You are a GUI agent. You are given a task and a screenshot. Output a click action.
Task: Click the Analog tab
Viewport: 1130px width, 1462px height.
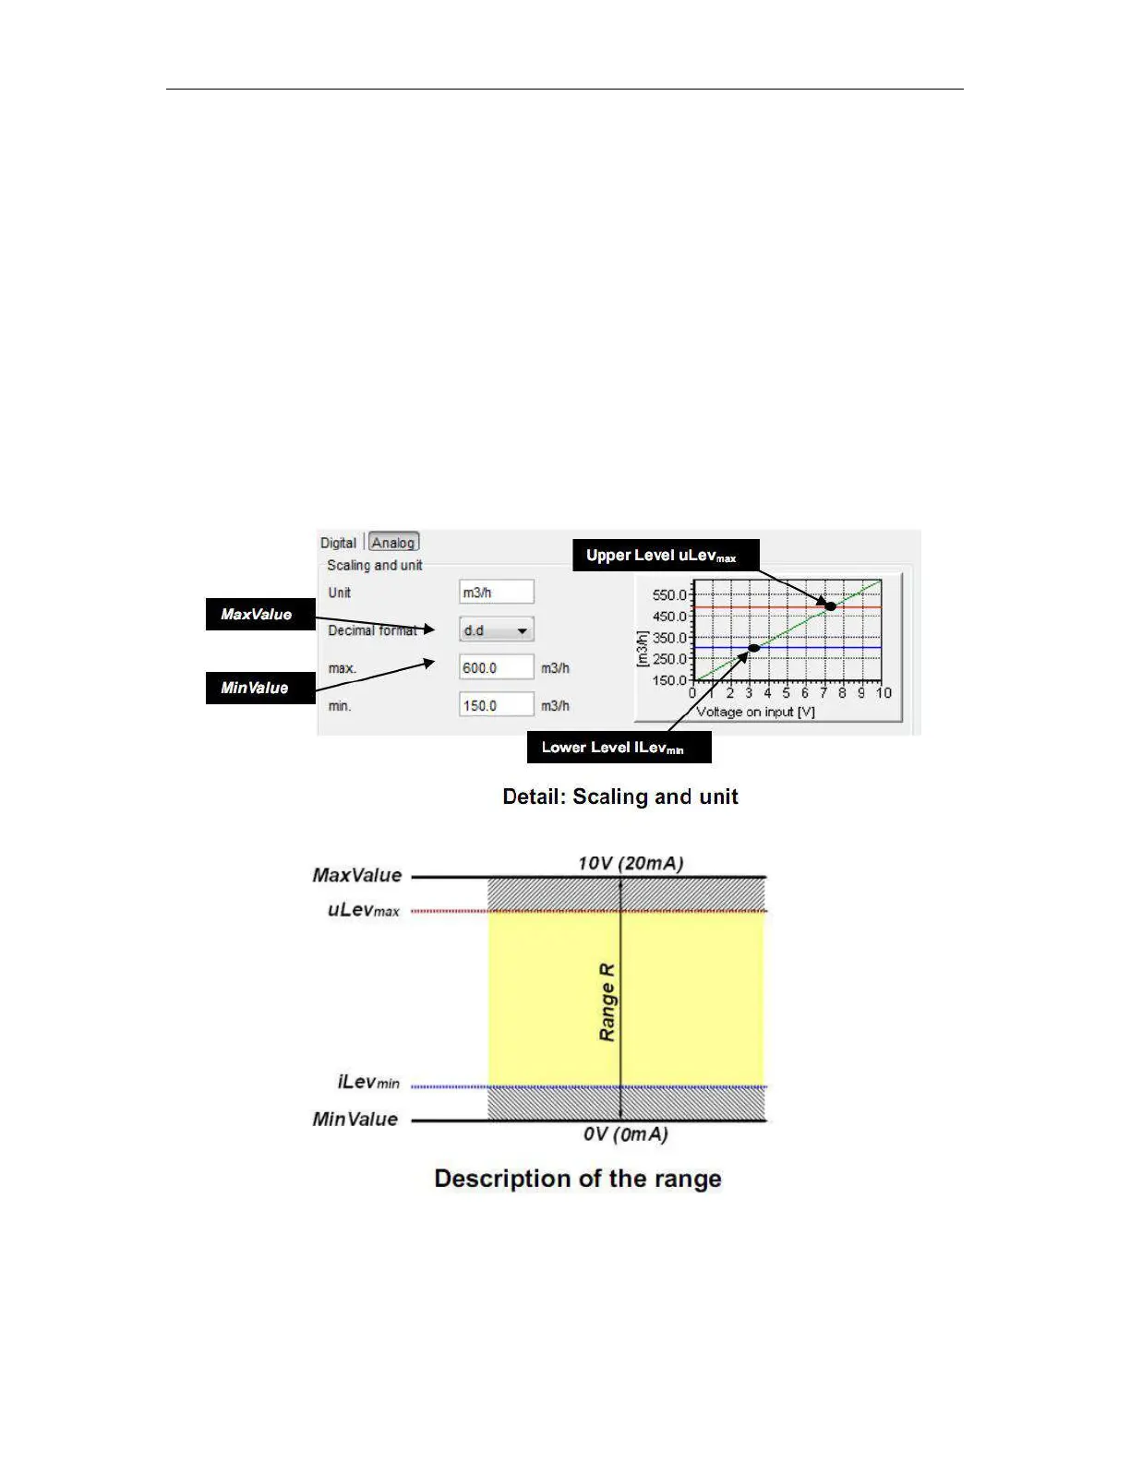click(394, 543)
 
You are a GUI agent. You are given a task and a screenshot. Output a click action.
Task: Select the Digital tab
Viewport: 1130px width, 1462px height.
click(338, 543)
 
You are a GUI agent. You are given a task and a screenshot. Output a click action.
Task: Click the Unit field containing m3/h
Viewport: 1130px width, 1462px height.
click(496, 593)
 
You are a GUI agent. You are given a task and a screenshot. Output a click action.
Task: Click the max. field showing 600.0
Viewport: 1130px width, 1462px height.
click(496, 667)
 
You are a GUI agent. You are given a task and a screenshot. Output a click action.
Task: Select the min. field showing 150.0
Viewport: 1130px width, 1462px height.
click(496, 705)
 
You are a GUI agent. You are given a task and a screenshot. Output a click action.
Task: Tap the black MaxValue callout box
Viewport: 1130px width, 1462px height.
click(259, 614)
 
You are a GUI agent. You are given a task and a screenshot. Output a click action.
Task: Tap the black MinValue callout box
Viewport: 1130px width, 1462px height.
click(259, 688)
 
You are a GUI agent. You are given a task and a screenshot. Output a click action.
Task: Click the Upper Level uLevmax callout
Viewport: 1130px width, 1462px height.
click(665, 556)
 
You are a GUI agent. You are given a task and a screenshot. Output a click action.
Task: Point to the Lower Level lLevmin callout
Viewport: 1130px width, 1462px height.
click(619, 748)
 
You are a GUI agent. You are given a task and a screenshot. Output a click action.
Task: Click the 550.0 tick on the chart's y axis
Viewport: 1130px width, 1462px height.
click(669, 595)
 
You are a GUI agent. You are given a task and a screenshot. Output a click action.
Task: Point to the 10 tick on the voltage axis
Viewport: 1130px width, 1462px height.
click(884, 693)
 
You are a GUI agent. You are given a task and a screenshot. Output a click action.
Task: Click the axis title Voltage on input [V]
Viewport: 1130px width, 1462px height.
click(755, 712)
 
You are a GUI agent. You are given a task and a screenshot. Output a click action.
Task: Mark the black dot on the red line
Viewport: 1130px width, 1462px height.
click(830, 606)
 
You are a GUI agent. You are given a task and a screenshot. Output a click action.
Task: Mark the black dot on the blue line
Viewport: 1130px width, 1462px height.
click(754, 648)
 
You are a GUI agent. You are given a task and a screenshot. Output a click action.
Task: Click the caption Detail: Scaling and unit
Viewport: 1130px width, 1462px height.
click(619, 797)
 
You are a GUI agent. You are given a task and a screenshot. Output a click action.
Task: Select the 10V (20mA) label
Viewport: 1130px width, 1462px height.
click(631, 864)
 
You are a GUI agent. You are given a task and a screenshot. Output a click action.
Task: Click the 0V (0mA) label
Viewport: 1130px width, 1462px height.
click(625, 1134)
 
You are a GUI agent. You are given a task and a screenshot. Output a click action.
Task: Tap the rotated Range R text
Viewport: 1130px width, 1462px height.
click(607, 1002)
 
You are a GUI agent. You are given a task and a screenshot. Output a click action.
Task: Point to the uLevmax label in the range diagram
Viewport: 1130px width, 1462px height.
click(364, 910)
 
